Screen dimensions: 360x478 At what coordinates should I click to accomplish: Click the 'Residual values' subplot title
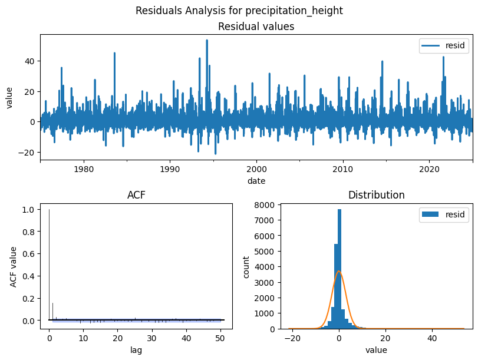pyautogui.click(x=256, y=27)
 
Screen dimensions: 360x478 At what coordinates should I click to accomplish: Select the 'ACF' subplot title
pyautogui.click(x=136, y=195)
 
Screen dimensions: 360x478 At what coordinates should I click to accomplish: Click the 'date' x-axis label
pyautogui.click(x=256, y=180)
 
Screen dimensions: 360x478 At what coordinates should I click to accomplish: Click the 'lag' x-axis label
pyautogui.click(x=136, y=349)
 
